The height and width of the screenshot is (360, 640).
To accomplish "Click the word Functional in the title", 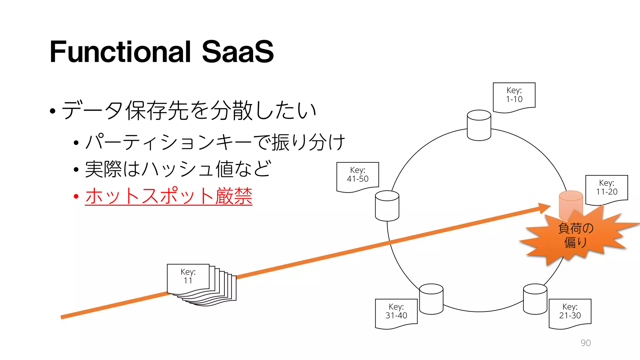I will tap(120, 52).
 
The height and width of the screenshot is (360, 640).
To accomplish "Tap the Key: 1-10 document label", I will tap(514, 95).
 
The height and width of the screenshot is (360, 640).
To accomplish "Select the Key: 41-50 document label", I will tap(357, 175).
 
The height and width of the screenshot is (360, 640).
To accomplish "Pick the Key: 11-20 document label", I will tap(607, 188).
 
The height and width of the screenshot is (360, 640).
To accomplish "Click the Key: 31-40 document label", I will tap(396, 312).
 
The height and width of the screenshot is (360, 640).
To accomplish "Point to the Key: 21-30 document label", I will tap(570, 312).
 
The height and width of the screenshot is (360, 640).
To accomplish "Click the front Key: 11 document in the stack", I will tap(188, 277).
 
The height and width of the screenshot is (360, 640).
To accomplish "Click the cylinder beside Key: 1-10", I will tap(479, 125).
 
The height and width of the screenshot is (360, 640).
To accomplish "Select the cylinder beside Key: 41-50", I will tap(387, 206).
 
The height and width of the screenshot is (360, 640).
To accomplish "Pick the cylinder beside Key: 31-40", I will tap(431, 299).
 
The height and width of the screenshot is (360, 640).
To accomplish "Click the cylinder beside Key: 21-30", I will tap(535, 299).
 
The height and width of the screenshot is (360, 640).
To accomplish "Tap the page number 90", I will tap(585, 343).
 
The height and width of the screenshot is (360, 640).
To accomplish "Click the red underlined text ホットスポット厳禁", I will tap(168, 196).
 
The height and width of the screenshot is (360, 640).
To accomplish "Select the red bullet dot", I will tap(76, 197).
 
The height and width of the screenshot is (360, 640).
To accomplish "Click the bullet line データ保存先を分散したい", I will tap(189, 111).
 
